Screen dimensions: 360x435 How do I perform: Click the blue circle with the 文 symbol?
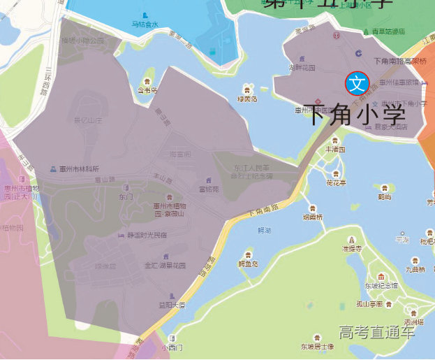pos(357,84)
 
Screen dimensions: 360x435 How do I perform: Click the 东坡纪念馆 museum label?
pos(381,285)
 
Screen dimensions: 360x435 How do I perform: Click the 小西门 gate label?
pos(172,347)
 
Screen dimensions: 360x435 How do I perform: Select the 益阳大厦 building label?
pos(172,305)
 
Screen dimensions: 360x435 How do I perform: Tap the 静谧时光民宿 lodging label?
pos(147,235)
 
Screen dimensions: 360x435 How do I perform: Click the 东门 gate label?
pos(126,197)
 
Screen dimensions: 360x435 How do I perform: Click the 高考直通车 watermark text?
pos(377,332)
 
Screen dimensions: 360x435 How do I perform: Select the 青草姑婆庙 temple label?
pos(388,31)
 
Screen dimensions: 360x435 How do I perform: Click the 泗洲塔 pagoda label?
pos(413,322)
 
